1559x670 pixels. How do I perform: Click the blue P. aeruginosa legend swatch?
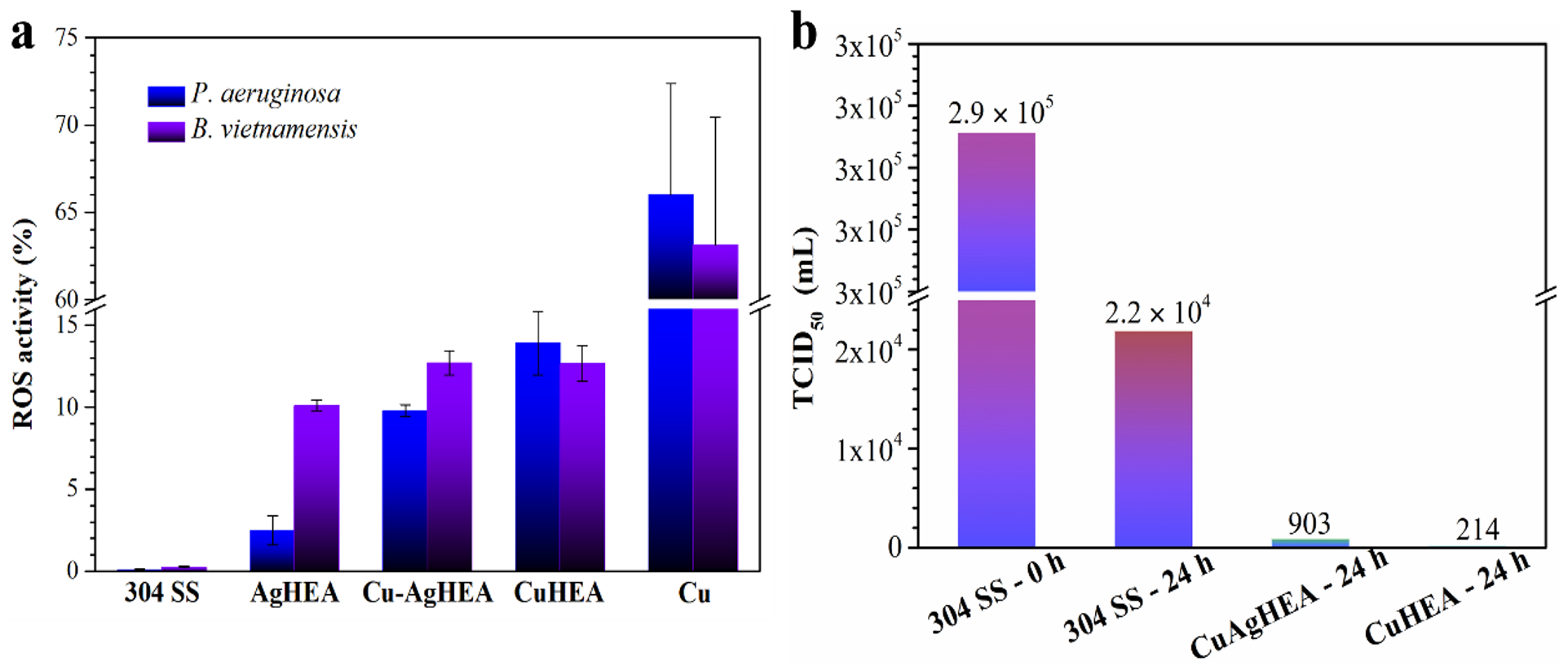[x=166, y=96]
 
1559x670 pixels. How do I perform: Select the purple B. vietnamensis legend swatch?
[x=166, y=131]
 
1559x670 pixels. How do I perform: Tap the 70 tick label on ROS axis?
[x=67, y=125]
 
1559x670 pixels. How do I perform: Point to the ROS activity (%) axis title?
[x=24, y=324]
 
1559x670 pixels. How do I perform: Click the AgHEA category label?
[x=294, y=593]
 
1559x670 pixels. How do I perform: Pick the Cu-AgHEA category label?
[x=427, y=593]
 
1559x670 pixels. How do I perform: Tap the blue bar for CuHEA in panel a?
[x=537, y=456]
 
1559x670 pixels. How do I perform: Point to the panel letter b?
[x=804, y=35]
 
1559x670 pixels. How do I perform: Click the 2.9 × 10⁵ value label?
[x=1000, y=112]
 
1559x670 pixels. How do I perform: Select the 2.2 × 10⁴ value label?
[x=1157, y=312]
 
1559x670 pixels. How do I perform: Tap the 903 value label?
[x=1309, y=523]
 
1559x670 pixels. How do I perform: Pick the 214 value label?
[x=1477, y=531]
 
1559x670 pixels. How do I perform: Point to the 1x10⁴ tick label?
[x=868, y=448]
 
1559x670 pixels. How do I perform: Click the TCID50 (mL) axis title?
[x=808, y=318]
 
